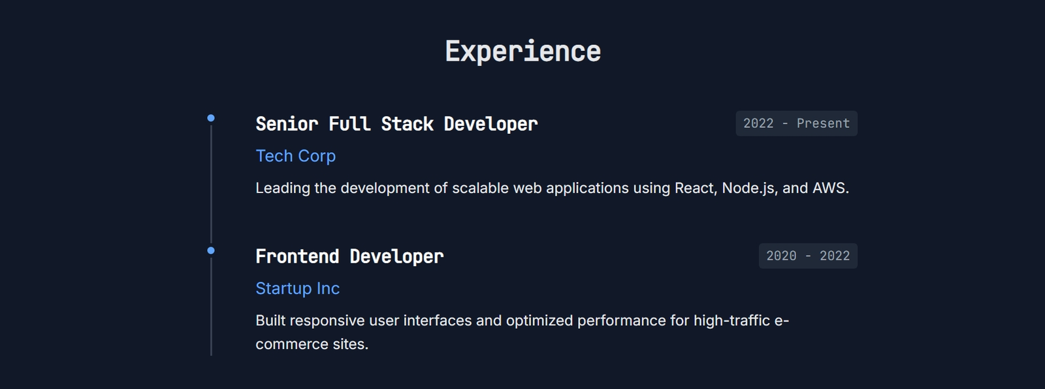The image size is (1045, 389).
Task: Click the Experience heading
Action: click(522, 52)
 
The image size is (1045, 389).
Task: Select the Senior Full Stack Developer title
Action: click(396, 124)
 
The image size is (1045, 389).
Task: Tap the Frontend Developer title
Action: click(349, 257)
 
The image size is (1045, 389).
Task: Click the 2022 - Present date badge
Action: click(796, 123)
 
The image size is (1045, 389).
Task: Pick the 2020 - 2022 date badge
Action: click(808, 256)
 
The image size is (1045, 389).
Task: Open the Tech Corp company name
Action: click(296, 156)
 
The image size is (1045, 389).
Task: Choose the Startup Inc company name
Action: click(298, 288)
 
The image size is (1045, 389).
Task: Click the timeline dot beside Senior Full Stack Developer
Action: click(211, 118)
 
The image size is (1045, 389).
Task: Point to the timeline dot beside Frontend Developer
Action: click(211, 251)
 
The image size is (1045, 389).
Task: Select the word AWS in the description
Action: click(830, 188)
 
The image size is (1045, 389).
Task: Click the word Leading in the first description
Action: click(283, 189)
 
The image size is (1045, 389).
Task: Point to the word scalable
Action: click(481, 188)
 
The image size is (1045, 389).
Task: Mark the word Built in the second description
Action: click(270, 320)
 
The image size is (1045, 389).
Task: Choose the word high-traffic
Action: click(731, 321)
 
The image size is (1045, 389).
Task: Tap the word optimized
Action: click(539, 321)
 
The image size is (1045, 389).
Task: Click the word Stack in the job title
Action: click(408, 124)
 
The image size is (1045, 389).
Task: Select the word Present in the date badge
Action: click(823, 123)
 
